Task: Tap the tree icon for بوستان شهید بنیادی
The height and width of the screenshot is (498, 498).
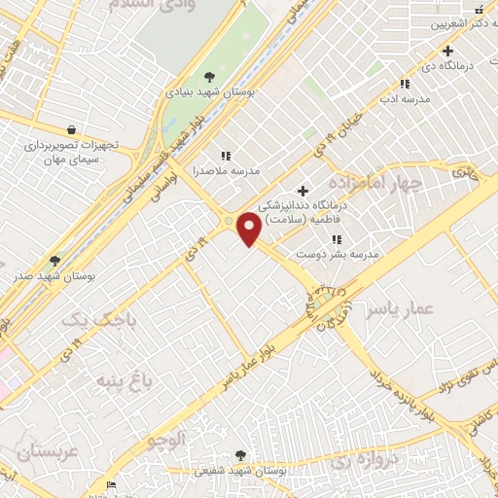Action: click(209, 77)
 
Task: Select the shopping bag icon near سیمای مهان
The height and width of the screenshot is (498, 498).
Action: click(71, 129)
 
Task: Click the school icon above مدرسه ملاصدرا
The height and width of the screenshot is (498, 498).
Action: click(226, 155)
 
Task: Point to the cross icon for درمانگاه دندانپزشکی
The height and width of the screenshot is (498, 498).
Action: click(302, 191)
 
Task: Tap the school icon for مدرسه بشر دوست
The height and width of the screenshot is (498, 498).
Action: click(338, 239)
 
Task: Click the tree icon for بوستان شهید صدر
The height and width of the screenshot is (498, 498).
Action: click(54, 261)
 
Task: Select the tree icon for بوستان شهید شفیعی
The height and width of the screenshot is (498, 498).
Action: click(241, 454)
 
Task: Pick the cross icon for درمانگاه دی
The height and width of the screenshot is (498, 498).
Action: click(447, 51)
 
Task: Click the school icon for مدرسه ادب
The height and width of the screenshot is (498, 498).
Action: click(404, 84)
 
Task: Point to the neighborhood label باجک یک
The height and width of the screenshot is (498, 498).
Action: click(100, 319)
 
